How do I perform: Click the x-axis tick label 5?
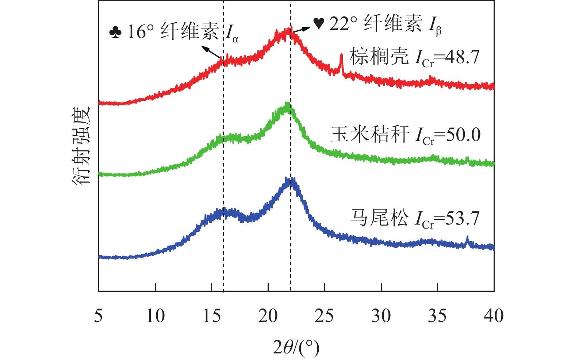click(98, 315)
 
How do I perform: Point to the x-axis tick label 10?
click(155, 315)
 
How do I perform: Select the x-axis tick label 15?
click(212, 315)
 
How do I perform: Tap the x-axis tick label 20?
click(268, 315)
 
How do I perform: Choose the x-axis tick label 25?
click(325, 315)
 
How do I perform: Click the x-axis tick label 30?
click(381, 315)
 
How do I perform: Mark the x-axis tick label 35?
click(437, 315)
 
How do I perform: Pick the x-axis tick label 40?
click(494, 315)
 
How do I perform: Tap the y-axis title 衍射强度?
click(81, 146)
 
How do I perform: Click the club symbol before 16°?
click(115, 32)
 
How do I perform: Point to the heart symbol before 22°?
click(319, 24)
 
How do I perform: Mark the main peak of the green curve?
click(287, 106)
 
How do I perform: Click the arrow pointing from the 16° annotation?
click(211, 52)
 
